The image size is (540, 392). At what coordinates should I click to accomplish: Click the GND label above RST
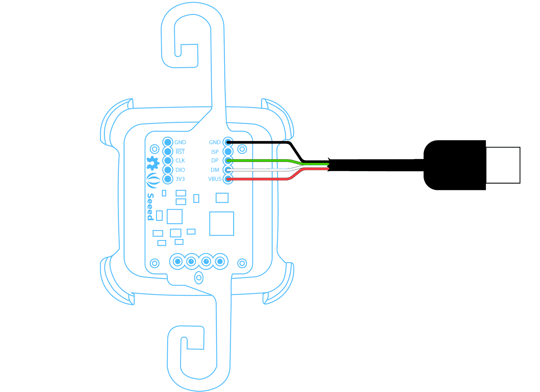(x=180, y=142)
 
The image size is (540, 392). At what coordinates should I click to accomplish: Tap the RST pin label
(x=180, y=152)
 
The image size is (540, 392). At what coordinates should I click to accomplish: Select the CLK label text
(x=180, y=161)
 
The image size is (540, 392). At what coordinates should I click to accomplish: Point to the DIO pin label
(x=180, y=170)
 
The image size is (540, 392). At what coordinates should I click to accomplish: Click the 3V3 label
(x=180, y=179)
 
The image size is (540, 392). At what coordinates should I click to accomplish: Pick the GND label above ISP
(x=215, y=142)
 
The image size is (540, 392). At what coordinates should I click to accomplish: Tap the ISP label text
(x=215, y=152)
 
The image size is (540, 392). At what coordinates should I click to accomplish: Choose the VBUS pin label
(x=215, y=179)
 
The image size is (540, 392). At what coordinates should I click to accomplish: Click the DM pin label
(x=215, y=170)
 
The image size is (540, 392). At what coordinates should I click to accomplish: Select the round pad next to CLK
(x=168, y=161)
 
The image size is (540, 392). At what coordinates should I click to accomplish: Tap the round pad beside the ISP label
(x=228, y=151)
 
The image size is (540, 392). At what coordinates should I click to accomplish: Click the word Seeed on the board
(x=151, y=207)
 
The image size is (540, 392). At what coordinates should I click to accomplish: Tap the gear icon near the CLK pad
(x=153, y=163)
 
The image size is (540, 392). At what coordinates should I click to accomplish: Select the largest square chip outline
(x=222, y=224)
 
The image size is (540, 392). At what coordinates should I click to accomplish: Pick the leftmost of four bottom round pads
(x=178, y=261)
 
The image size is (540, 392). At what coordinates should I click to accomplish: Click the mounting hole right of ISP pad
(x=242, y=149)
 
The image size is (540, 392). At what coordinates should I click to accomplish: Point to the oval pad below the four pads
(x=199, y=277)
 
